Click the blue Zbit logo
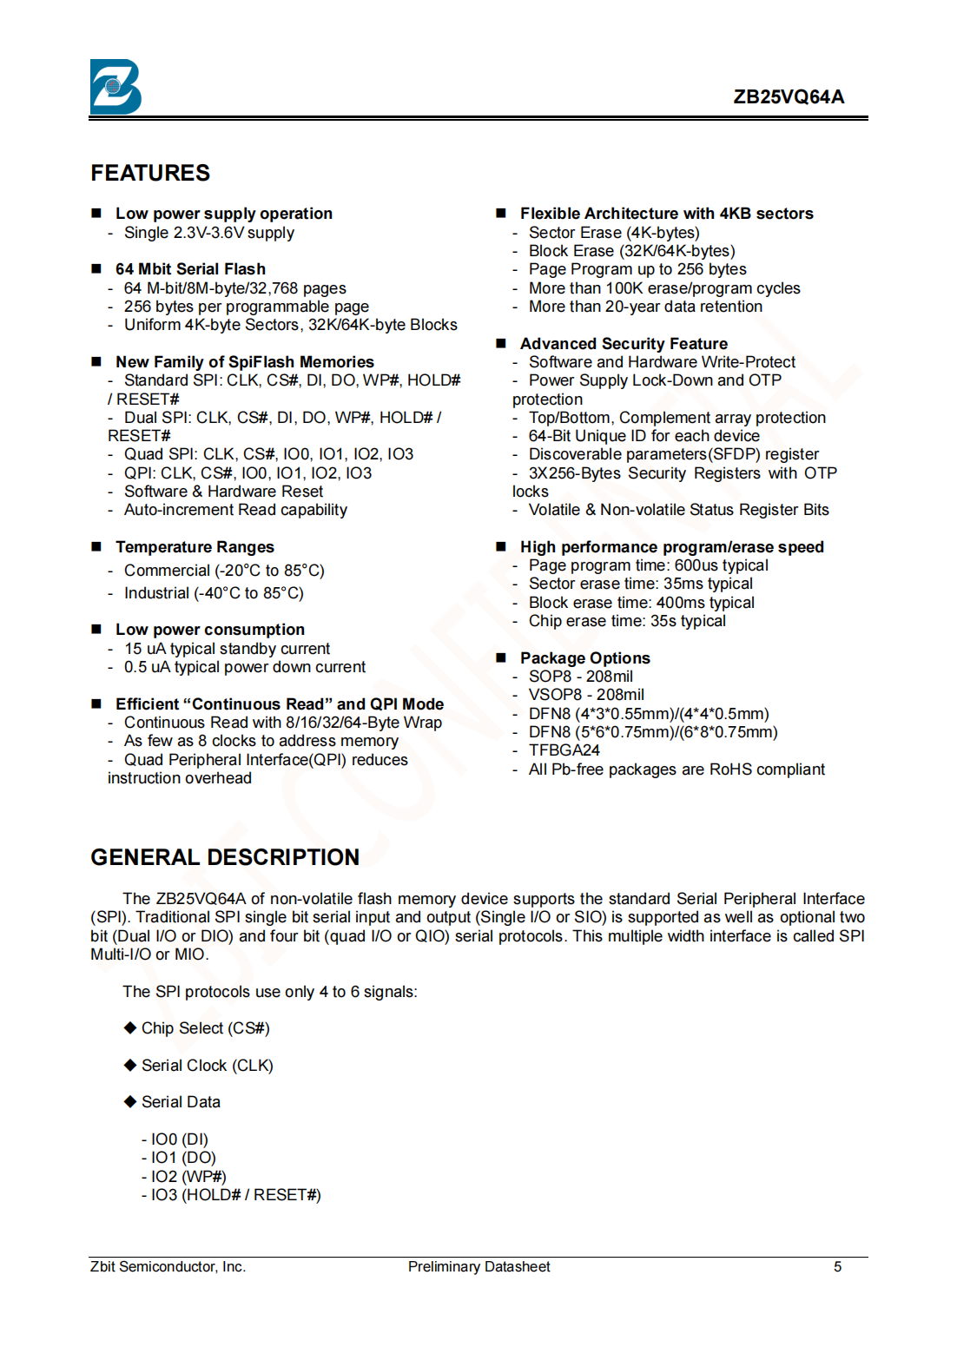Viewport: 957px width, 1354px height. coord(115,87)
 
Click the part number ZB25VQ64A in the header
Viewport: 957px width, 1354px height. coord(788,96)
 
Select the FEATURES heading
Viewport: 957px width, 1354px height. coord(150,173)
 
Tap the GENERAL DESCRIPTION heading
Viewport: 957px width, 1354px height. coord(225,857)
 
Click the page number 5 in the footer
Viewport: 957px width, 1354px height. coord(837,1267)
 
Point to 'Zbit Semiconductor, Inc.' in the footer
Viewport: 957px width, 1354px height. coord(168,1267)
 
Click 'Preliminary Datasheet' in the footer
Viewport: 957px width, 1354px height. coord(478,1267)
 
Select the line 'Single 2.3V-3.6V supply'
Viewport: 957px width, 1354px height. coord(208,233)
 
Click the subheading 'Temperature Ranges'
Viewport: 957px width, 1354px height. coord(195,547)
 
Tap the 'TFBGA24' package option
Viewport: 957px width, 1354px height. coord(564,750)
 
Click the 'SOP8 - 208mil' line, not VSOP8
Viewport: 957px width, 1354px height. coord(580,677)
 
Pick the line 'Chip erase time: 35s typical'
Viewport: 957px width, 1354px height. coord(627,621)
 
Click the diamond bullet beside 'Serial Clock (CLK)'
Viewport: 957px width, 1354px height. coord(130,1065)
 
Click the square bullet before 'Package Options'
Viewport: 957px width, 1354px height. coord(501,657)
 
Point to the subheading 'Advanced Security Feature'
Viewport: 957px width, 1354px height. coord(624,344)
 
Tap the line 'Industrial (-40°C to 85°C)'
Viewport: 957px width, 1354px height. coord(214,593)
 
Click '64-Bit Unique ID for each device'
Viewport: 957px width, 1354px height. coord(643,436)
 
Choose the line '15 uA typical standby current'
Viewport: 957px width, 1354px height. coord(227,649)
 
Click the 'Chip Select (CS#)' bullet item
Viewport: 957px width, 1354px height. coord(205,1028)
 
